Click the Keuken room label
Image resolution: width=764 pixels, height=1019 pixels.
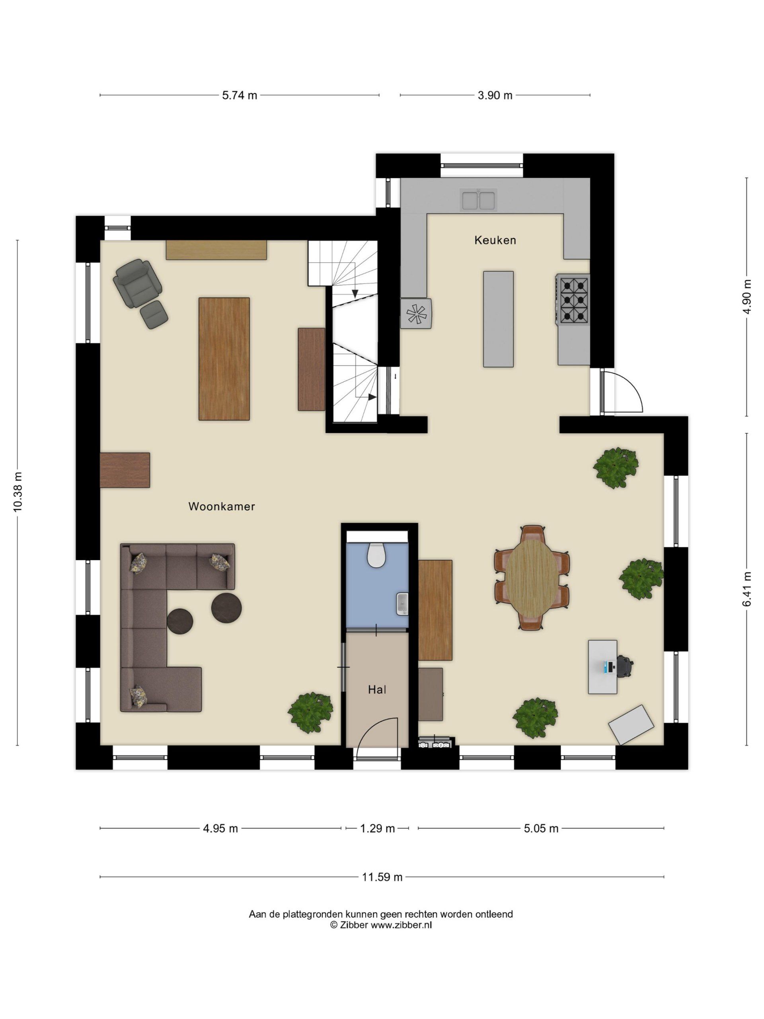click(x=495, y=240)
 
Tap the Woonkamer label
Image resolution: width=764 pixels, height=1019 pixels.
click(x=222, y=507)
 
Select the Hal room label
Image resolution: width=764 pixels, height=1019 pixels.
click(x=377, y=690)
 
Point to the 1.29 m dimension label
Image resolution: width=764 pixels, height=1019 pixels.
click(x=377, y=828)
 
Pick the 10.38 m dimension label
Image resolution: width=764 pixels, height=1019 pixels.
click(x=18, y=492)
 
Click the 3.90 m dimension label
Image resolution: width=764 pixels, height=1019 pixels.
click(x=495, y=96)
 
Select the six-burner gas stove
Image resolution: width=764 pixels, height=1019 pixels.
click(x=573, y=299)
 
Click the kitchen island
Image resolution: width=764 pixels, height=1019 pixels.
click(x=498, y=319)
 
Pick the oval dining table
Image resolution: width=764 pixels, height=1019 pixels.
click(x=532, y=578)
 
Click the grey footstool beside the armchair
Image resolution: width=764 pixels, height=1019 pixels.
click(x=154, y=314)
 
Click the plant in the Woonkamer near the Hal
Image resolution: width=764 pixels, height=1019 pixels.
click(x=311, y=713)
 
